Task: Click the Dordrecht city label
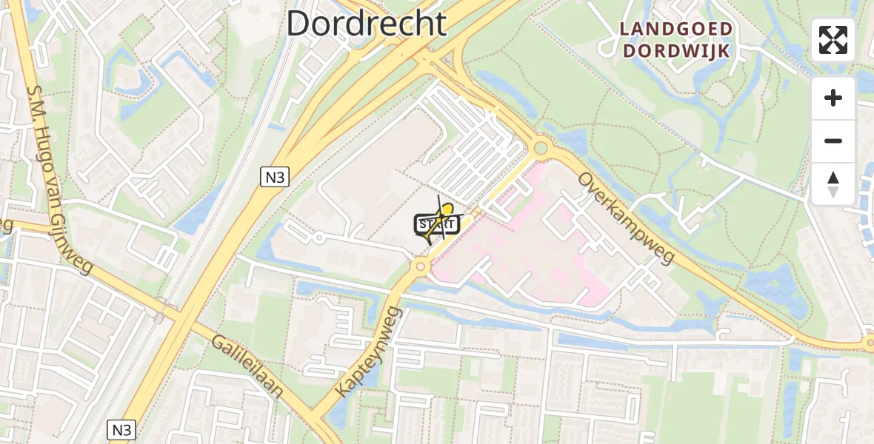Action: (367, 24)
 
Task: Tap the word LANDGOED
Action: (676, 30)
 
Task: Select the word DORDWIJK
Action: (676, 50)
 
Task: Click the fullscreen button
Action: (833, 40)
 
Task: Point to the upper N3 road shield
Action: (274, 176)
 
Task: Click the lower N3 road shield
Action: (121, 430)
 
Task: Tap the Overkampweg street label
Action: (626, 218)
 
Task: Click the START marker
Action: (436, 224)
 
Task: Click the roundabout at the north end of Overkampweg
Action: (541, 149)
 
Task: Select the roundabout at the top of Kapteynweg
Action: (421, 265)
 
